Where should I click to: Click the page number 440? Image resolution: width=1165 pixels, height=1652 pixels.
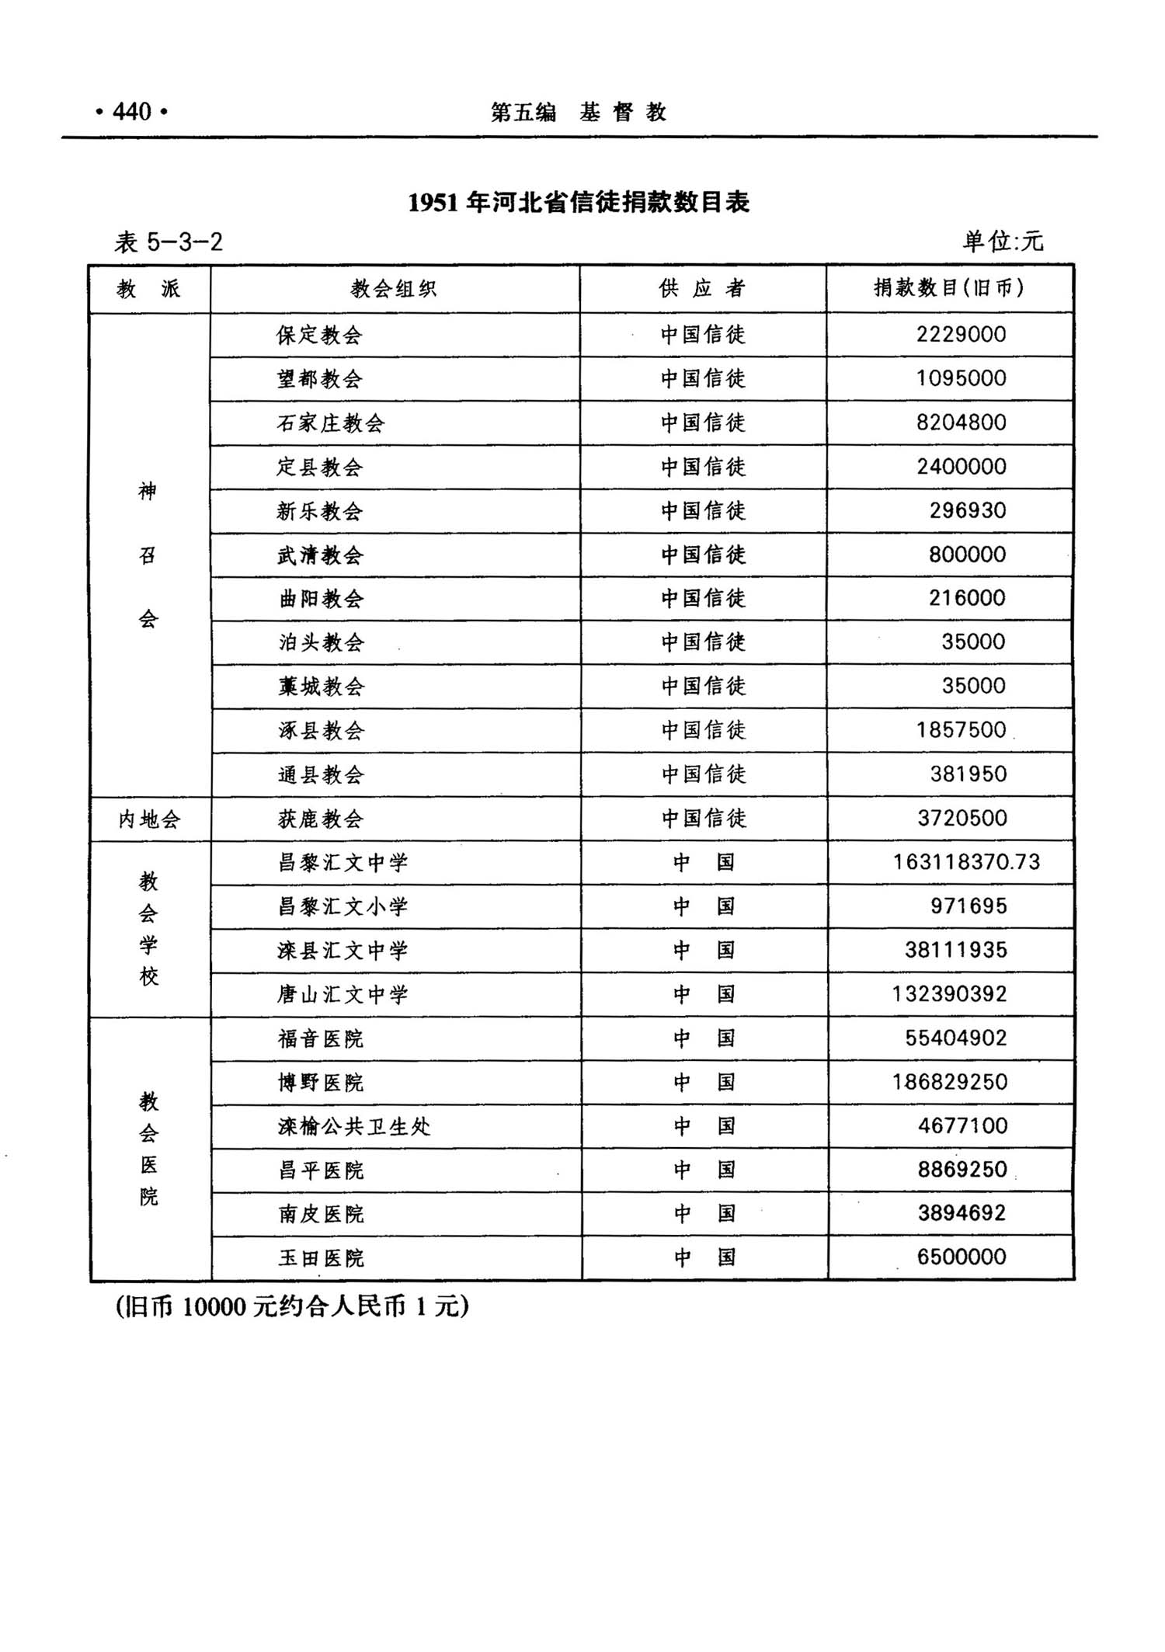point(131,113)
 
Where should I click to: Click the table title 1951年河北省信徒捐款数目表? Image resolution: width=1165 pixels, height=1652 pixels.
point(579,203)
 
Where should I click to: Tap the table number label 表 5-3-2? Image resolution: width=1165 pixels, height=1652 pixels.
point(169,242)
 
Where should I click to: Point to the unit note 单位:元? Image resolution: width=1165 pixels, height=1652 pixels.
point(1003,242)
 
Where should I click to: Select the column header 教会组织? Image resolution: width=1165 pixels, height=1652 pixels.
point(394,289)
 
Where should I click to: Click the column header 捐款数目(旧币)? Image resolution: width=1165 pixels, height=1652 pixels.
point(949,288)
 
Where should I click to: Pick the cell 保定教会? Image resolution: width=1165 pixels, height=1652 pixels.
point(319,335)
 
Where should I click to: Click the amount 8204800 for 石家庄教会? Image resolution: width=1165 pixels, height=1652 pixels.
point(961,423)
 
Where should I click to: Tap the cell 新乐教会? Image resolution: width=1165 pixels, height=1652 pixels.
point(319,511)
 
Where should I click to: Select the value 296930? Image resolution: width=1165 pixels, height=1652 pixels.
point(968,510)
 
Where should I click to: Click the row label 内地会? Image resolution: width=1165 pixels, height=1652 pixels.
point(149,819)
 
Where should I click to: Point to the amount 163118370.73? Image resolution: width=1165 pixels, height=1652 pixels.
point(966,862)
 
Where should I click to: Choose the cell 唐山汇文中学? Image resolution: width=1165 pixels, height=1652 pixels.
point(343,994)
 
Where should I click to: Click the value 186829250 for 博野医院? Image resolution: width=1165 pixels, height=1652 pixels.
point(949,1082)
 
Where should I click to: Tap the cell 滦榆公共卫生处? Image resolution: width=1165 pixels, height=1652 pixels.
point(354,1126)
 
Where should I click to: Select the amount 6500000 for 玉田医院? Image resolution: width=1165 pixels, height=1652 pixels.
point(962,1257)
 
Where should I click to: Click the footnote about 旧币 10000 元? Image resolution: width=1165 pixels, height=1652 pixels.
point(292,1307)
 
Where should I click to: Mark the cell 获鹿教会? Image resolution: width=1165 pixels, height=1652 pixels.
point(320,819)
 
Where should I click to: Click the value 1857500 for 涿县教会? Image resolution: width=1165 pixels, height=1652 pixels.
point(961,730)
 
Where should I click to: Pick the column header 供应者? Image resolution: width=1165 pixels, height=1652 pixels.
point(702,289)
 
